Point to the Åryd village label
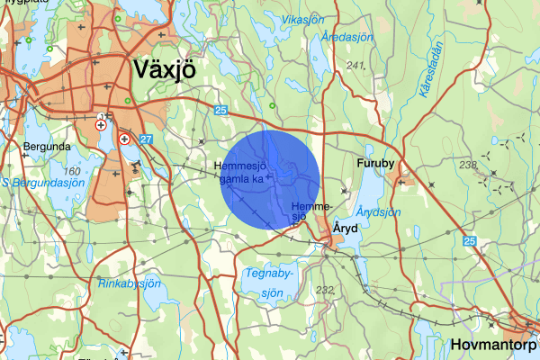[x=346, y=229]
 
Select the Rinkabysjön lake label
[x=129, y=283]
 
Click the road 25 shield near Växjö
[x=221, y=109]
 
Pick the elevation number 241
[x=356, y=66]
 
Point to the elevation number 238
[x=467, y=165]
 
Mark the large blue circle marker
[x=271, y=178]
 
